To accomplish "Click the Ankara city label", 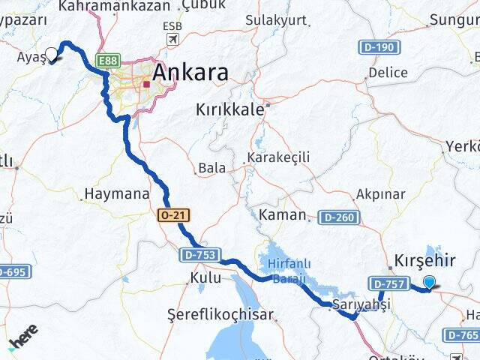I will pos(190,73).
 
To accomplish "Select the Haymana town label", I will pos(116,193).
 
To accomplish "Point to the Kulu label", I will pos(205,277).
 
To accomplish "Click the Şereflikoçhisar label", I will pos(220,314).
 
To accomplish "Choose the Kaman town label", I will pos(282,215).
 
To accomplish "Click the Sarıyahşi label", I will pos(361,304).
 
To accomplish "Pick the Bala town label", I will pos(211,168).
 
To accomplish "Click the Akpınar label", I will pos(381,194).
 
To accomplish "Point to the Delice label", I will pos(388,73).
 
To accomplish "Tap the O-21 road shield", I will pos(173,215).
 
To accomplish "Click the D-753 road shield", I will pos(199,255).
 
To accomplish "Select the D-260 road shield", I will pos(337,217).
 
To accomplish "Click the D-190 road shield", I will pos(381,47).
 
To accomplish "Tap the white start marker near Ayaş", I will pos(52,55).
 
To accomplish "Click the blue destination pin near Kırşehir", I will pos(430,282).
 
